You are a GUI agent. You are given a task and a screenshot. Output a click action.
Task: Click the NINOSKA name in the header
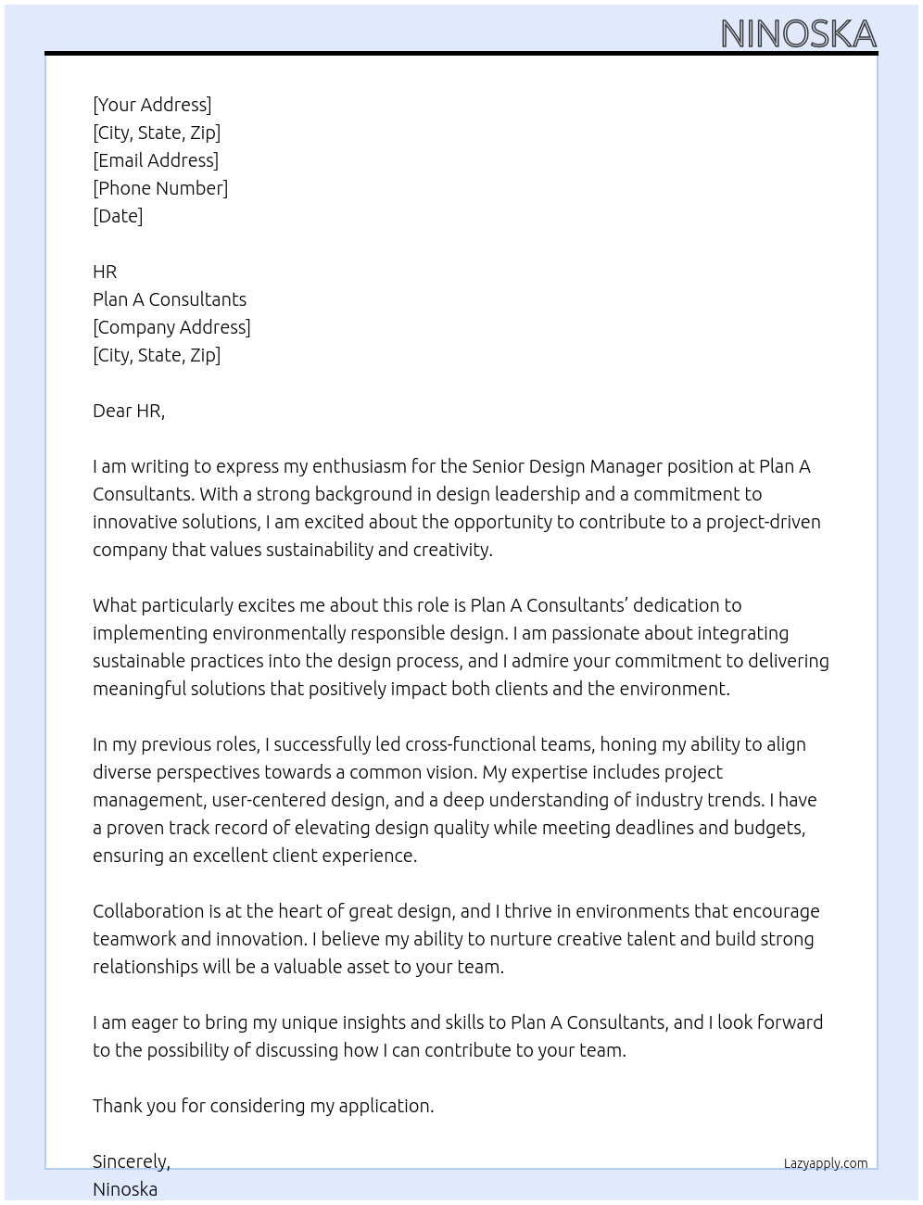[x=798, y=33]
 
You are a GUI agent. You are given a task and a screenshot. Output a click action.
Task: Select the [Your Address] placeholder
[x=152, y=105]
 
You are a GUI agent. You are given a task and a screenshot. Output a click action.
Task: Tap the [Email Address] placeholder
[x=156, y=160]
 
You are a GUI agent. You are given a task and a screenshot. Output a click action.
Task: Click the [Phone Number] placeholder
[x=160, y=188]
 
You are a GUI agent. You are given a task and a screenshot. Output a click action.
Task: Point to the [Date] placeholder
[x=118, y=216]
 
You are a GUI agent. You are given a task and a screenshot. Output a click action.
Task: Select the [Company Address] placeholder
[x=171, y=327]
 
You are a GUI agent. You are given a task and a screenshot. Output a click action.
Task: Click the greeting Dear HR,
[x=129, y=411]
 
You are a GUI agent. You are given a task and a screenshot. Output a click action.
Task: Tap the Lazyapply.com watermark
[x=826, y=1163]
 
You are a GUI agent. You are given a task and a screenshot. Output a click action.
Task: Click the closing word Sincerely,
[x=132, y=1161]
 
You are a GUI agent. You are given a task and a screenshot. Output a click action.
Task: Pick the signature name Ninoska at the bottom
[x=125, y=1189]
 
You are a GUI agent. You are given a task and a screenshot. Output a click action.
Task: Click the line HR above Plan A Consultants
[x=105, y=272]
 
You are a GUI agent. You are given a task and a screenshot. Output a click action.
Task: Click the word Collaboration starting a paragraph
[x=148, y=911]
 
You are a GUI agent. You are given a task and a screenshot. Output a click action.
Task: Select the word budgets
[x=768, y=828]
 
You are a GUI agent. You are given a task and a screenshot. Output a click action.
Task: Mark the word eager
[x=155, y=1022]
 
